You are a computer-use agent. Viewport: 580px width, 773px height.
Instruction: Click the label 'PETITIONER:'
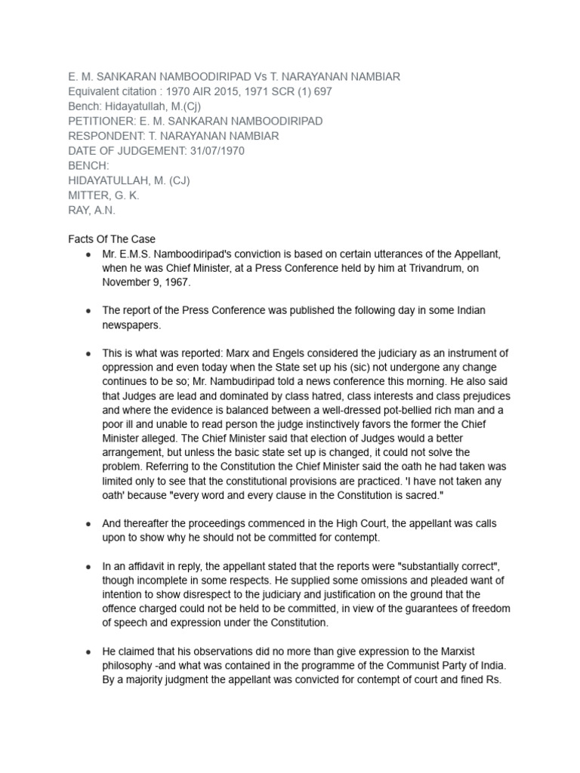pyautogui.click(x=102, y=121)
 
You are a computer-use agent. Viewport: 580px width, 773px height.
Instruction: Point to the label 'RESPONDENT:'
pyautogui.click(x=106, y=136)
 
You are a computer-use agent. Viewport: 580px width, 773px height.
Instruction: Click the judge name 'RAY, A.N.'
pyautogui.click(x=91, y=211)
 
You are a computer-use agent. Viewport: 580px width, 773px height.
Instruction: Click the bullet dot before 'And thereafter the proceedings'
pyautogui.click(x=89, y=524)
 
